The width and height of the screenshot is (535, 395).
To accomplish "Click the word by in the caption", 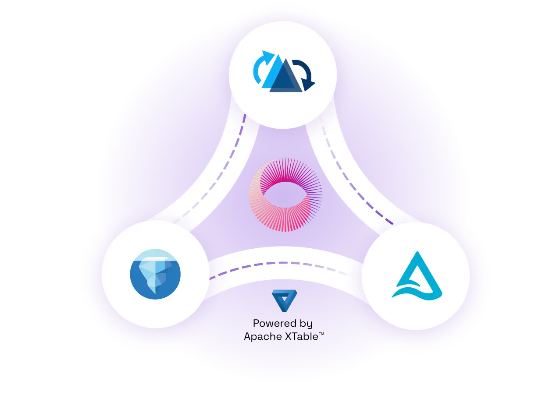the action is pos(305,324).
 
